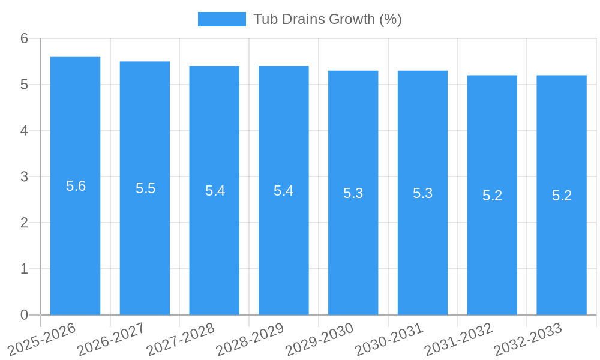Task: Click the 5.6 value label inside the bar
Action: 76,186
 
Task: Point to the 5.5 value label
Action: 145,188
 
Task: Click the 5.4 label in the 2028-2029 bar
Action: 284,191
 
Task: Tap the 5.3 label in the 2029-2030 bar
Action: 353,193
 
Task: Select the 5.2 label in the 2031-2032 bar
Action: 492,196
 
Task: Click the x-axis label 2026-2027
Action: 112,338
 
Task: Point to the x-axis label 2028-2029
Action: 250,338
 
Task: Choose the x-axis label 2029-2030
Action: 320,338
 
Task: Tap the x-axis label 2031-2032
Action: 459,338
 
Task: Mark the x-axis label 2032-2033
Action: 528,338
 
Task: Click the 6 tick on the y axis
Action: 24,38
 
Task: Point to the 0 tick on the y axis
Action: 24,315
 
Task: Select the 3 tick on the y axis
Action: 24,177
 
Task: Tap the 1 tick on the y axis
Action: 24,269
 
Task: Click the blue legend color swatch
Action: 221,19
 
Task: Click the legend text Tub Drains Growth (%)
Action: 327,19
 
